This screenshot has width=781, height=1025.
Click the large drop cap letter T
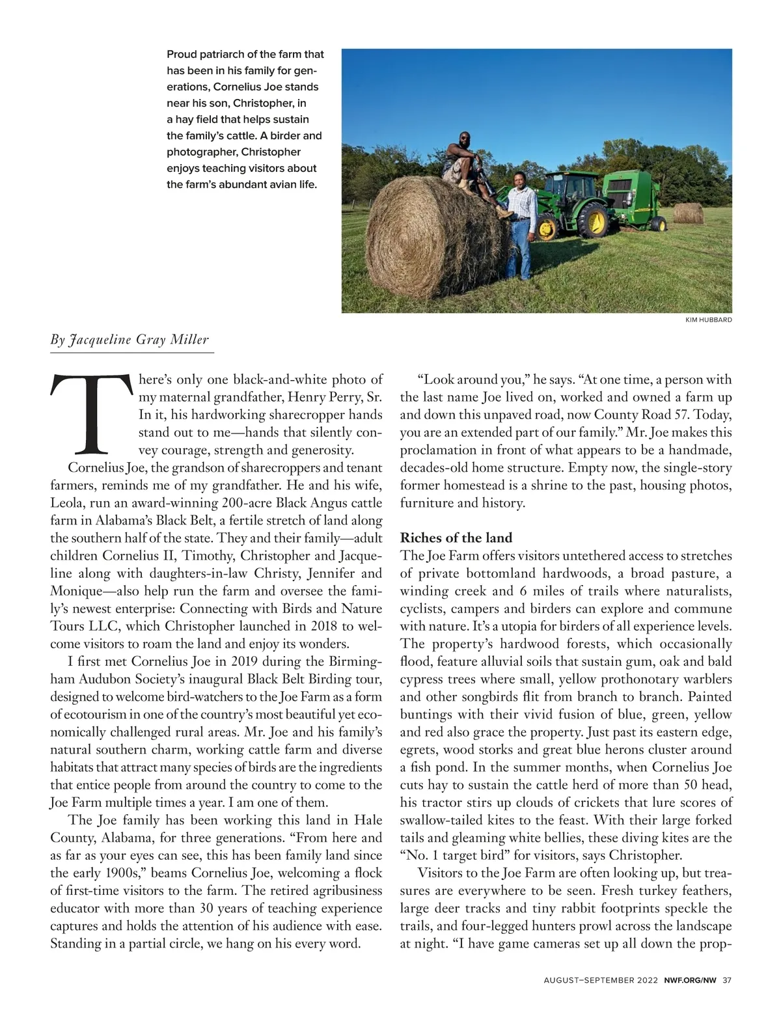coord(91,414)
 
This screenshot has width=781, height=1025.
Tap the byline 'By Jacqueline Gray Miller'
coord(130,340)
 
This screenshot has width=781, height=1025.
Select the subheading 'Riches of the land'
coord(456,538)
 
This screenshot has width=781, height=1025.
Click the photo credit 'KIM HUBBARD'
coord(709,320)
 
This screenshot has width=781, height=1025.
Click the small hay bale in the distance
coord(688,212)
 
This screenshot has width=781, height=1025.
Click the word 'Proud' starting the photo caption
coord(182,55)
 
